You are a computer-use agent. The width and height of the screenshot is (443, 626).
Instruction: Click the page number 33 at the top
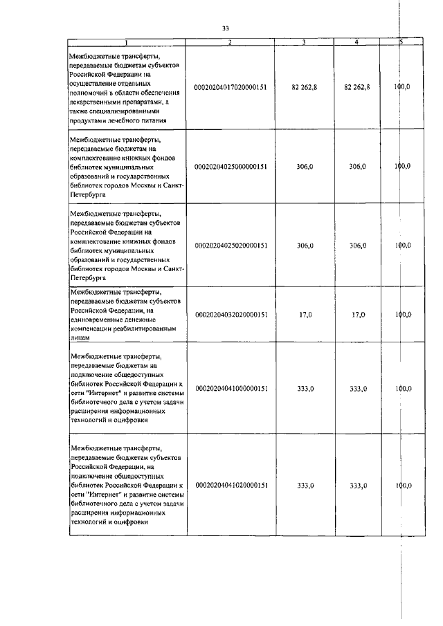coord(226,28)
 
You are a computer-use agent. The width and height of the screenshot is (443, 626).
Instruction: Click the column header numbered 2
coord(230,43)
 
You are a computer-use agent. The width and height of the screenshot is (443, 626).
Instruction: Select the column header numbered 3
coord(305,43)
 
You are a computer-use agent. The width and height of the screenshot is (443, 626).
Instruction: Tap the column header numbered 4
coord(356,43)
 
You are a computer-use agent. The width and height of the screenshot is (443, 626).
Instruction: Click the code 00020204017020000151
coord(230,87)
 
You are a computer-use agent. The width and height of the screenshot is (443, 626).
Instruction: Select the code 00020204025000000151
coord(230,167)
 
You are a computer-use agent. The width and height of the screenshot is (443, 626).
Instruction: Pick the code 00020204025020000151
coord(230,246)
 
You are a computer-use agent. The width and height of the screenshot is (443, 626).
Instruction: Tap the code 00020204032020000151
coord(230,315)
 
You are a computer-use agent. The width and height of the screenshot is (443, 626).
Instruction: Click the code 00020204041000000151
coord(230,389)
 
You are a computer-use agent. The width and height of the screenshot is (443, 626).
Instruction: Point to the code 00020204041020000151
coord(230,486)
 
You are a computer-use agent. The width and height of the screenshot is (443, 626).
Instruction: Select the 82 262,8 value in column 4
coord(356,87)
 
